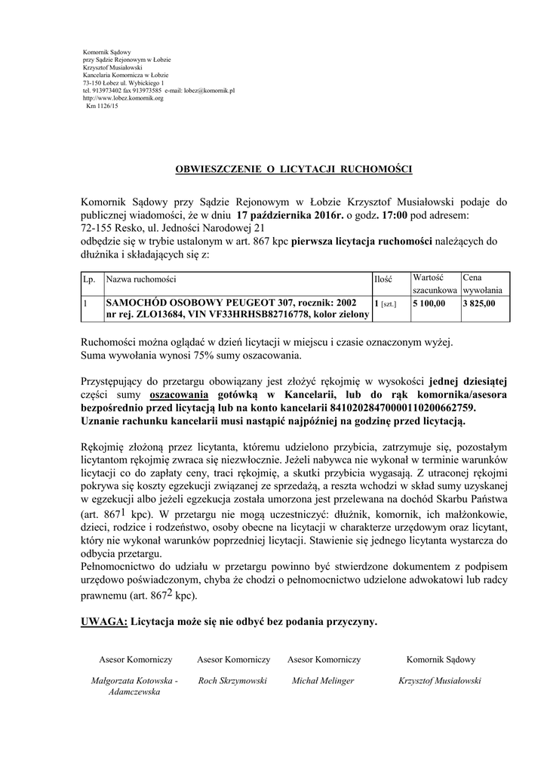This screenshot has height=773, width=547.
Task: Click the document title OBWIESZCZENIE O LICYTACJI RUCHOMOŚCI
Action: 293,169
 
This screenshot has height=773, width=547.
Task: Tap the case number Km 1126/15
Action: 102,106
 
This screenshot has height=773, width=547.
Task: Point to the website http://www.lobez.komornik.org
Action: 123,98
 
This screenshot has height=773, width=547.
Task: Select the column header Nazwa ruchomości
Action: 141,279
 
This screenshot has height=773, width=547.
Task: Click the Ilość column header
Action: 383,279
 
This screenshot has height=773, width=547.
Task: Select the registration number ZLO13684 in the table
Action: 152,314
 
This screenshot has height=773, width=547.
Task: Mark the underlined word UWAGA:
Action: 103,622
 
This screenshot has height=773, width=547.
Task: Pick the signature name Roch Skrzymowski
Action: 232,680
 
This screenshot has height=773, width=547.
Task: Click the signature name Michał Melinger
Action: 323,680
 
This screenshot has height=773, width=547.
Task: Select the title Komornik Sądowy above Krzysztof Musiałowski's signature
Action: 441,659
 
